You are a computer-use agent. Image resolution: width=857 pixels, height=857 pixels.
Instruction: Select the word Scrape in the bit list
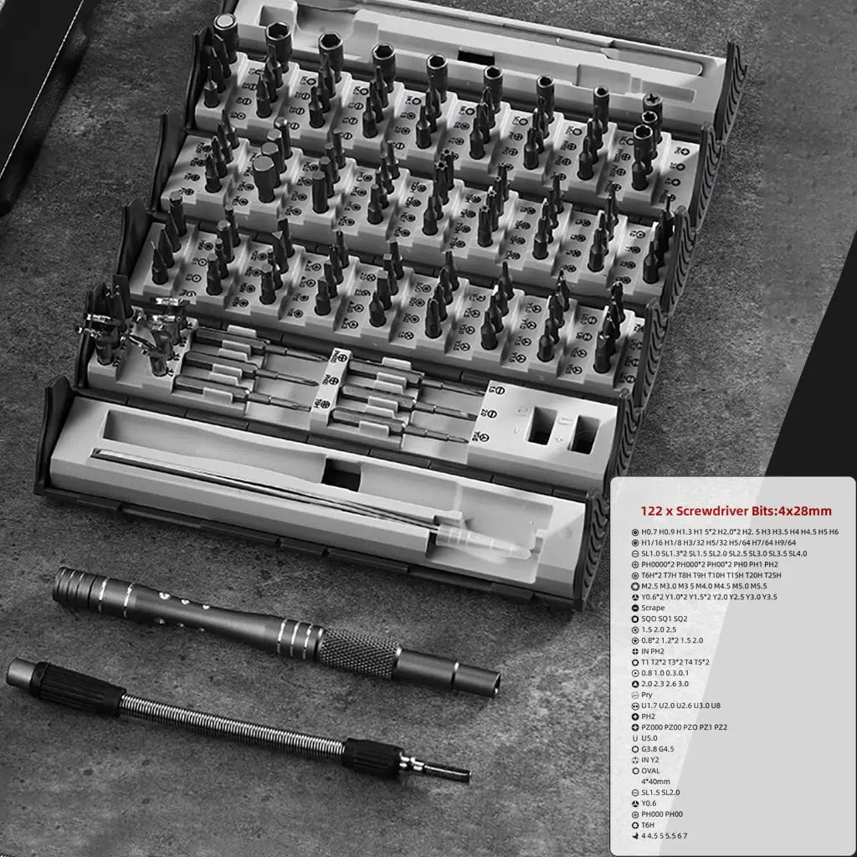coord(654,608)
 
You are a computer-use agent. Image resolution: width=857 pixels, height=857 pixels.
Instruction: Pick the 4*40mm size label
coord(656,781)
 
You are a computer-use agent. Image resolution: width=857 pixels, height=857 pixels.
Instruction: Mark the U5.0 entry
coord(650,738)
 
